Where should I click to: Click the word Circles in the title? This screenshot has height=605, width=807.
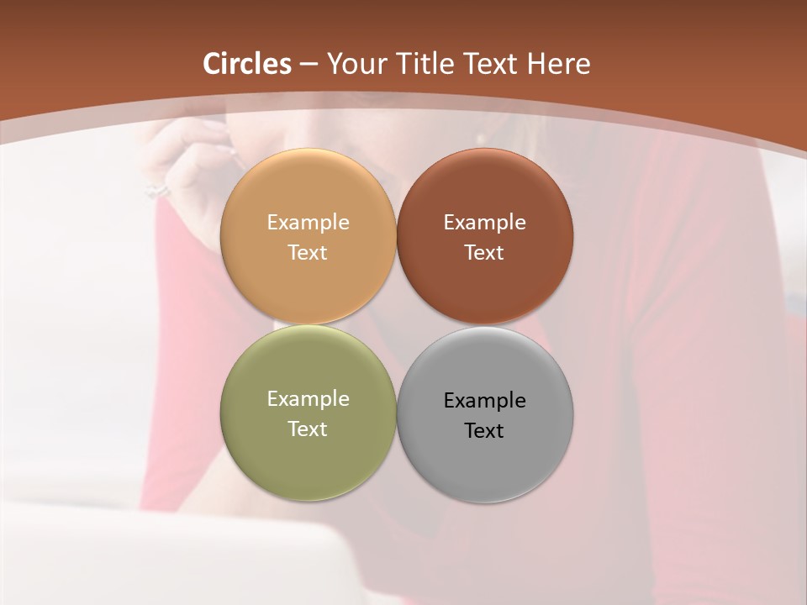click(x=247, y=64)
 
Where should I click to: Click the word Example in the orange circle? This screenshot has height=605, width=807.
click(x=308, y=223)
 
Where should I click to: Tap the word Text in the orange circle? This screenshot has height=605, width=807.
click(x=308, y=253)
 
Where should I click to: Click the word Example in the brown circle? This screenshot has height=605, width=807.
click(x=484, y=223)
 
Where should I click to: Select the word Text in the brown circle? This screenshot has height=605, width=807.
click(x=484, y=253)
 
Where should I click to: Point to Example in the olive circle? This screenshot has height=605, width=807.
click(x=308, y=399)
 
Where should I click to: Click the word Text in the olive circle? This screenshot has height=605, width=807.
click(x=308, y=429)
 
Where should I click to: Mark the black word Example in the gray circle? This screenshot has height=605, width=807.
click(x=484, y=401)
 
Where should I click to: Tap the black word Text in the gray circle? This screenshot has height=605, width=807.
click(x=484, y=431)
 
